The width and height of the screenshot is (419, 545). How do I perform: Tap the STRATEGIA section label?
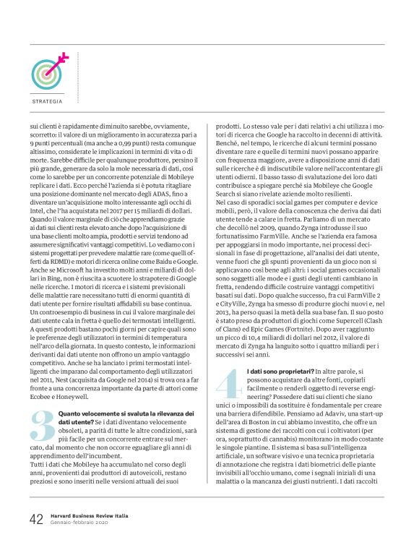pyautogui.click(x=47, y=101)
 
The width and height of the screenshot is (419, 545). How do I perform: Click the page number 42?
pyautogui.click(x=36, y=520)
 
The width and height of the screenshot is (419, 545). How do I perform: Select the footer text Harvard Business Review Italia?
pyautogui.click(x=90, y=516)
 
